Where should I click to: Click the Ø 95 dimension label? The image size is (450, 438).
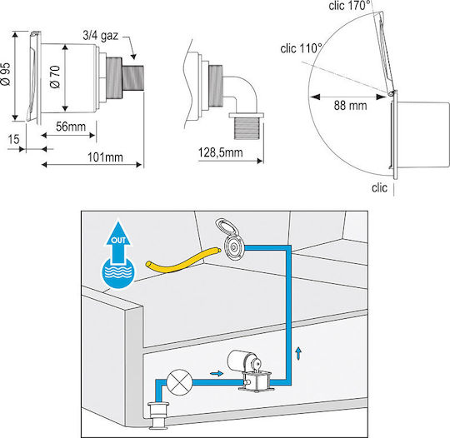pos(6,74)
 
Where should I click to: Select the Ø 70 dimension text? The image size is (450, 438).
pos(55,77)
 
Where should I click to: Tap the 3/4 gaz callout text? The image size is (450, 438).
pos(101,36)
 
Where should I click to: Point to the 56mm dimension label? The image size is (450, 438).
pos(71,127)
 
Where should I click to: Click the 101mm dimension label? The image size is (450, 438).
pos(105,157)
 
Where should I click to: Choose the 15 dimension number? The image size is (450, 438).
pos(13,139)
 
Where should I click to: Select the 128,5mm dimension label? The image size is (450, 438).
pos(220,152)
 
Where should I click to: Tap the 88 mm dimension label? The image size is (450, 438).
pos(350,106)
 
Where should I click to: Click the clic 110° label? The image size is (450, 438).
pos(301,48)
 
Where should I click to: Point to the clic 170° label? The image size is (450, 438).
pos(349,6)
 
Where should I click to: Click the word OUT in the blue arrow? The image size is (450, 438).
pos(118,240)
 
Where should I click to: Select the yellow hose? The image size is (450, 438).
pos(182,260)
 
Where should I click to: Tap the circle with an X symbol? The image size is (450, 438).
pos(180,382)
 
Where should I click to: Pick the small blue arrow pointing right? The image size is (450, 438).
pos(217,373)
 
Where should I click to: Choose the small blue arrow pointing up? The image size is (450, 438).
pos(299,353)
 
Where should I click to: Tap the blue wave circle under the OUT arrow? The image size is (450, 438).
pos(118,272)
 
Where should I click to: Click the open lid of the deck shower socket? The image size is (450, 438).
pos(225,226)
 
